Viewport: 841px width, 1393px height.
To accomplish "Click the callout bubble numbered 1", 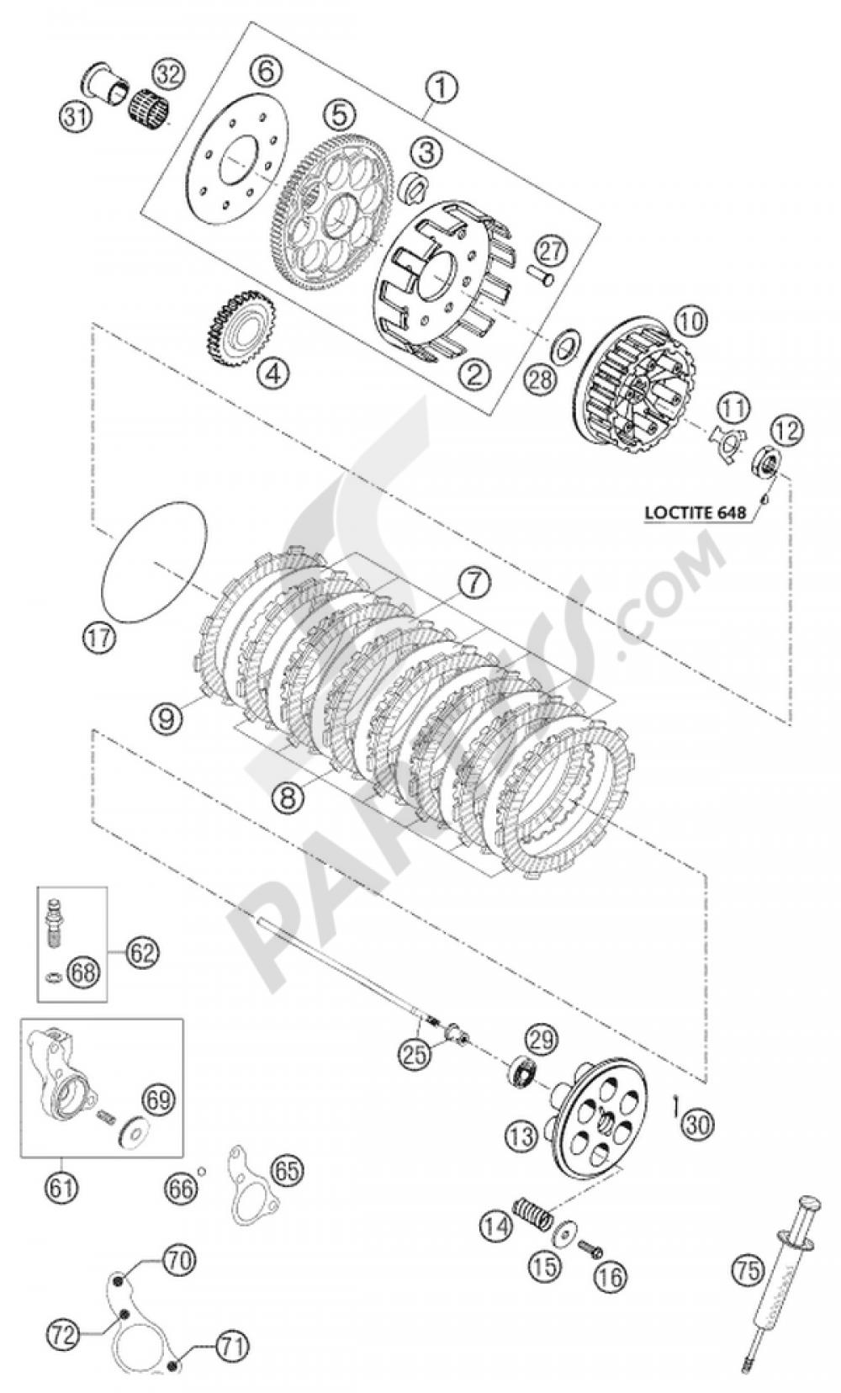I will [443, 87].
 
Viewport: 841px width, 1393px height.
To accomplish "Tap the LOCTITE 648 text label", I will [696, 511].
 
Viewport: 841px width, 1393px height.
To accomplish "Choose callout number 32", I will [167, 76].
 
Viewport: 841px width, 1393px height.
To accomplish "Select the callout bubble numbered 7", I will [473, 582].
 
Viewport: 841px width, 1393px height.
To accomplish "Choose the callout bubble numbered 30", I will [698, 1123].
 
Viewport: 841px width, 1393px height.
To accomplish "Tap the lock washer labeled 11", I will [724, 440].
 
